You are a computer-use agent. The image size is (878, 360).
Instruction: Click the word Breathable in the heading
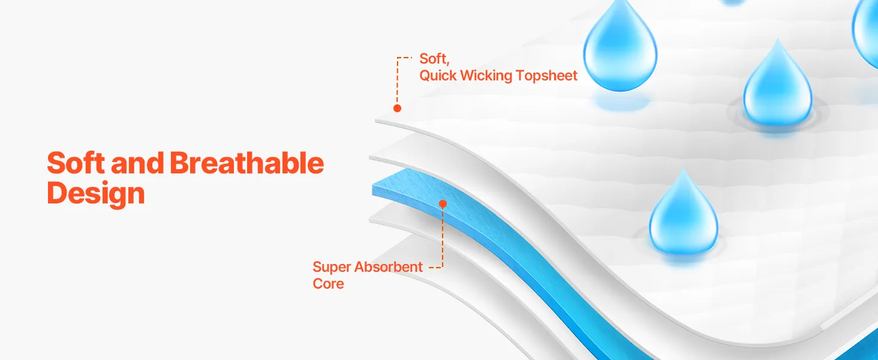[247, 163]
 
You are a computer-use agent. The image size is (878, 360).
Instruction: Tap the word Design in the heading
[96, 194]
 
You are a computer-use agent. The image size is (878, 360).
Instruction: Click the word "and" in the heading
[137, 163]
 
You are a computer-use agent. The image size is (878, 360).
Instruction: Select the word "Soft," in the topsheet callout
[434, 59]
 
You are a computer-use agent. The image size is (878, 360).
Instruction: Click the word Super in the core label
[332, 268]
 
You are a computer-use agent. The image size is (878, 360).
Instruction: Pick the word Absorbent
[389, 266]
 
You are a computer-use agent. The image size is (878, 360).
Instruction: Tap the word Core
[328, 284]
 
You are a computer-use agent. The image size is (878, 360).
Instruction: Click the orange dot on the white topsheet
[397, 108]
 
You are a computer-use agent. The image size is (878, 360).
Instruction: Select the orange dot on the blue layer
[443, 203]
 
